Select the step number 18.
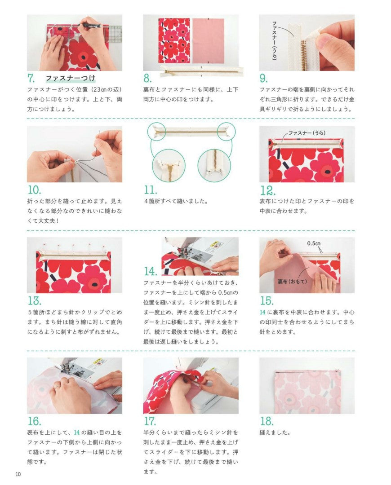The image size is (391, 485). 267,421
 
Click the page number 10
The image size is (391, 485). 18,474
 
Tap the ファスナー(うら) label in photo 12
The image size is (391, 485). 307,133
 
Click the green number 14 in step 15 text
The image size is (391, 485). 262,312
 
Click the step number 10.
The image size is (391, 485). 34,190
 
